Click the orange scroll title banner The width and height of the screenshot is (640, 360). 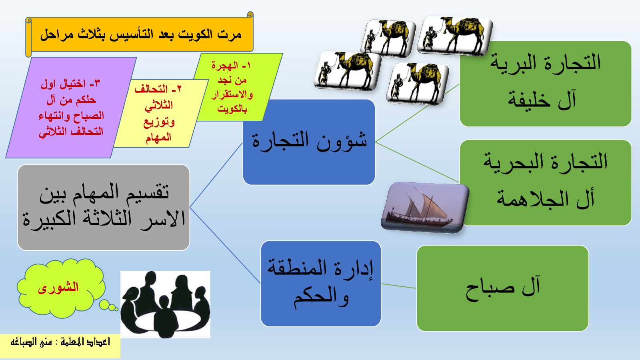click(140, 34)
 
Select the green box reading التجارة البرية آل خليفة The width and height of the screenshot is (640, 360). click(546, 84)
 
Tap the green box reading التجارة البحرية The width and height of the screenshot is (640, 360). click(546, 182)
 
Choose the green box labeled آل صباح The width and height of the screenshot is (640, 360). click(502, 288)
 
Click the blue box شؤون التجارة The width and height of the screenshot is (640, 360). click(309, 142)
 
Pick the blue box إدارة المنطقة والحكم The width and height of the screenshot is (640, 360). click(321, 284)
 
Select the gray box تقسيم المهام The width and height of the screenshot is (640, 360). click(104, 208)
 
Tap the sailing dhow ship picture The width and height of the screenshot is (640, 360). click(425, 208)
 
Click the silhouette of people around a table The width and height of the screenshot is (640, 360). click(165, 304)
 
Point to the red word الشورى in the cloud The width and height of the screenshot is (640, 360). click(58, 287)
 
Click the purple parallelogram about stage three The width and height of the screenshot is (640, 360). click(71, 108)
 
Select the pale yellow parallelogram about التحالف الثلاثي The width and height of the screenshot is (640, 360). click(159, 114)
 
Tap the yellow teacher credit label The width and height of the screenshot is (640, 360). click(60, 346)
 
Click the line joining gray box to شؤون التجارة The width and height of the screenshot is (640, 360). click(216, 175)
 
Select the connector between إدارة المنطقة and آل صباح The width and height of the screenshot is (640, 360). click(399, 286)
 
